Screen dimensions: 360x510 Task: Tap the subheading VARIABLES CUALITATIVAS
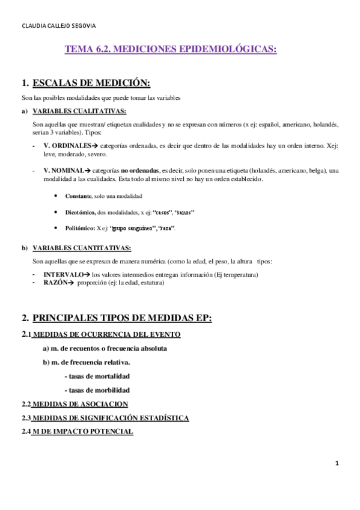(x=79, y=111)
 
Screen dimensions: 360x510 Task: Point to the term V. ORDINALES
(x=66, y=146)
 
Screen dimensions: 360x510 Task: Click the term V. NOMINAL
(x=64, y=171)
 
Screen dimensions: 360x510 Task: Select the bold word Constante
(x=78, y=196)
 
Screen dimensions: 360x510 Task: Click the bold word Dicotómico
(x=81, y=212)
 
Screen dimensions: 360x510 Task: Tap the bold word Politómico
(x=80, y=228)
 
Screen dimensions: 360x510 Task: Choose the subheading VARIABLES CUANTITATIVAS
(x=82, y=248)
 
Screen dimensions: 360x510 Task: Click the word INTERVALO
(x=63, y=274)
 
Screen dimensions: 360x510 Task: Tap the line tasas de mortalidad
(x=96, y=376)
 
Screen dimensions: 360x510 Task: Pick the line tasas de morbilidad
(x=96, y=390)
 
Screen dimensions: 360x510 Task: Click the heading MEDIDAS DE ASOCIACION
(x=79, y=404)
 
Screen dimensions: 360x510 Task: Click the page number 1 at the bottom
(x=337, y=463)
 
